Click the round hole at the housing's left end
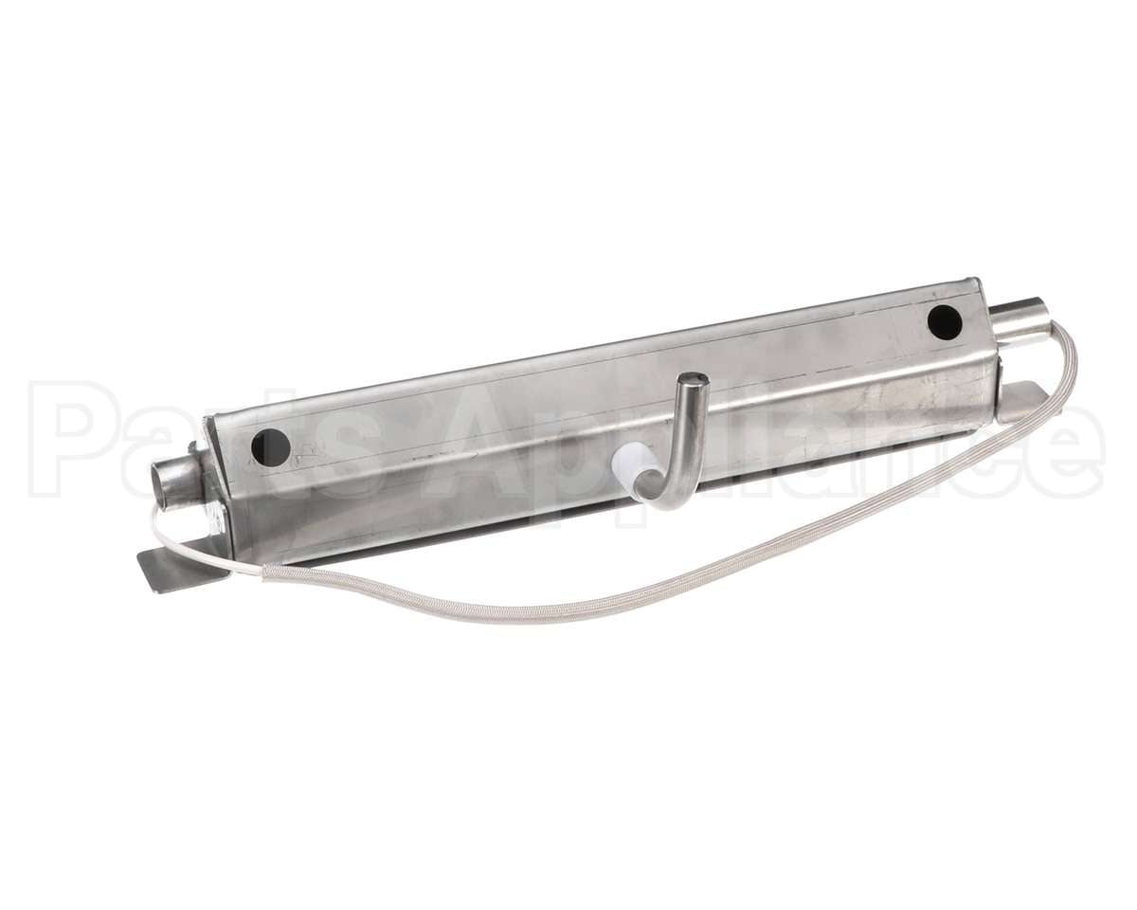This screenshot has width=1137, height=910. coord(270,447)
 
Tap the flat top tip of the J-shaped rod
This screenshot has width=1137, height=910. coord(694,380)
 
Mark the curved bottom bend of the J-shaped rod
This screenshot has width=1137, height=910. coord(671,498)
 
